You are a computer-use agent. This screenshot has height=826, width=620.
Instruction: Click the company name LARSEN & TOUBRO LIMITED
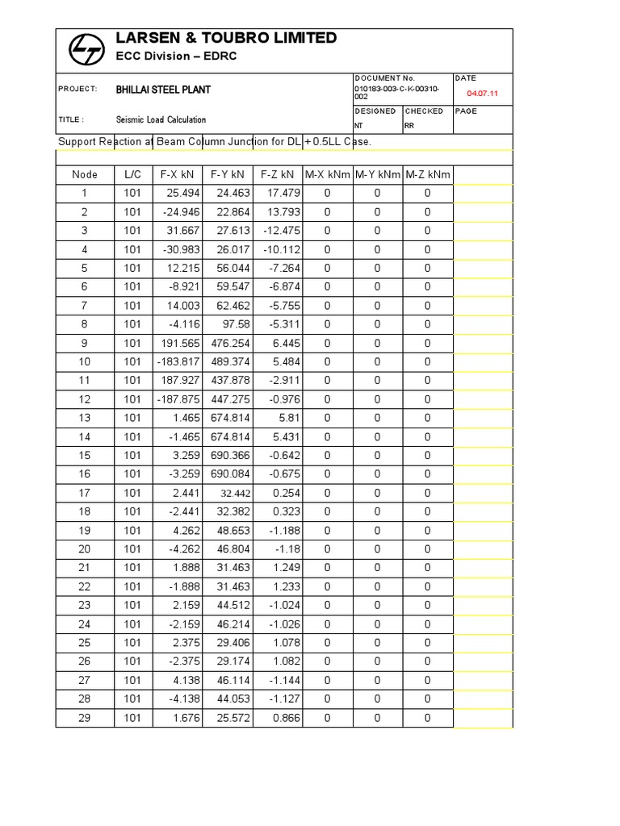227,38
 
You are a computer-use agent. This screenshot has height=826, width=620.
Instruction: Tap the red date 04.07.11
483,94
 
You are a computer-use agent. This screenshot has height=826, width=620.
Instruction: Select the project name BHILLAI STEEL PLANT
163,90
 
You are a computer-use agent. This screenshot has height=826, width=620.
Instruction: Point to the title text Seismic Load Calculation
161,119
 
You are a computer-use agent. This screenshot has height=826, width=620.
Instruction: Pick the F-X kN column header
178,174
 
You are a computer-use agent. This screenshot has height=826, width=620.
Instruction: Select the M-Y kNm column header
377,174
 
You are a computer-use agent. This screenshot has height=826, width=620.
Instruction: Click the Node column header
85,174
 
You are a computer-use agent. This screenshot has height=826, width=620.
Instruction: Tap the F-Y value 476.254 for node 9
228,343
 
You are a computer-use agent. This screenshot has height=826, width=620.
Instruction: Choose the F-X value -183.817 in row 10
176,361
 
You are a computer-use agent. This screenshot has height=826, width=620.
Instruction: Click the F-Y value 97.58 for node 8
232,324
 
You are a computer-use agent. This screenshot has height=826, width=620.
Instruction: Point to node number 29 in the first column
85,718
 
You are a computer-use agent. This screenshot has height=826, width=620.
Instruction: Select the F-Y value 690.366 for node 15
228,455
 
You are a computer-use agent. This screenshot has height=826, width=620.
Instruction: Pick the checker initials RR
409,126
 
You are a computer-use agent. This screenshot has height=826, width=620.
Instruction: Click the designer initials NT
358,126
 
